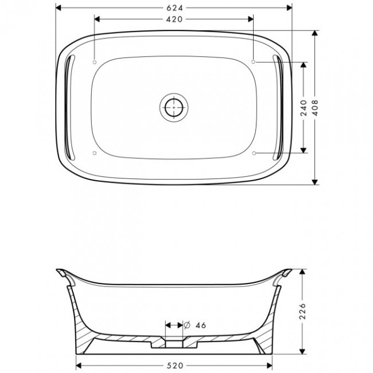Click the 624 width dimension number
(x=174, y=8)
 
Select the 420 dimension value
(x=174, y=20)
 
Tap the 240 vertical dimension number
(x=304, y=108)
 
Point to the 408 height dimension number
(x=315, y=108)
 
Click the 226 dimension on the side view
(x=302, y=311)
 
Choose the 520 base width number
(x=175, y=366)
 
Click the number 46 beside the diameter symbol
(x=201, y=325)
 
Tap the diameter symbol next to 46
(x=187, y=325)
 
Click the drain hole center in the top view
(x=174, y=107)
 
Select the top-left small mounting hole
(x=95, y=63)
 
